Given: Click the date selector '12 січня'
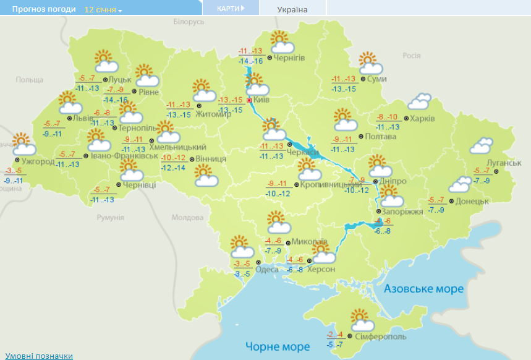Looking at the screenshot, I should [103, 10].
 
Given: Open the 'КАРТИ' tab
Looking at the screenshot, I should [230, 8].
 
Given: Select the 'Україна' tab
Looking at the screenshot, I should [292, 9].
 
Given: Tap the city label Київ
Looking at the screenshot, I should [261, 99].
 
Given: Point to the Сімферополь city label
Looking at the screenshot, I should [381, 336].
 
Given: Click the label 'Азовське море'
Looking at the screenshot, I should [423, 289].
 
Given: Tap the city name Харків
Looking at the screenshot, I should [423, 118].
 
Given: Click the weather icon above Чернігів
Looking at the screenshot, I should [281, 41].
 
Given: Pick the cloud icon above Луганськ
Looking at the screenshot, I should [481, 145].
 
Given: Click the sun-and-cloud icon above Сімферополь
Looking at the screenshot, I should [362, 320].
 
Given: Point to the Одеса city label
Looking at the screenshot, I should [266, 269].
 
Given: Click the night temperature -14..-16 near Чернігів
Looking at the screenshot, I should [250, 61].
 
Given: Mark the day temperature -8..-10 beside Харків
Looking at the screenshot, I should [388, 117].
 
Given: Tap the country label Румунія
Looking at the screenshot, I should [111, 218].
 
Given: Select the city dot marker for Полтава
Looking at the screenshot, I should [362, 136].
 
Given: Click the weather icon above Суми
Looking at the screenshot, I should [370, 62].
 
